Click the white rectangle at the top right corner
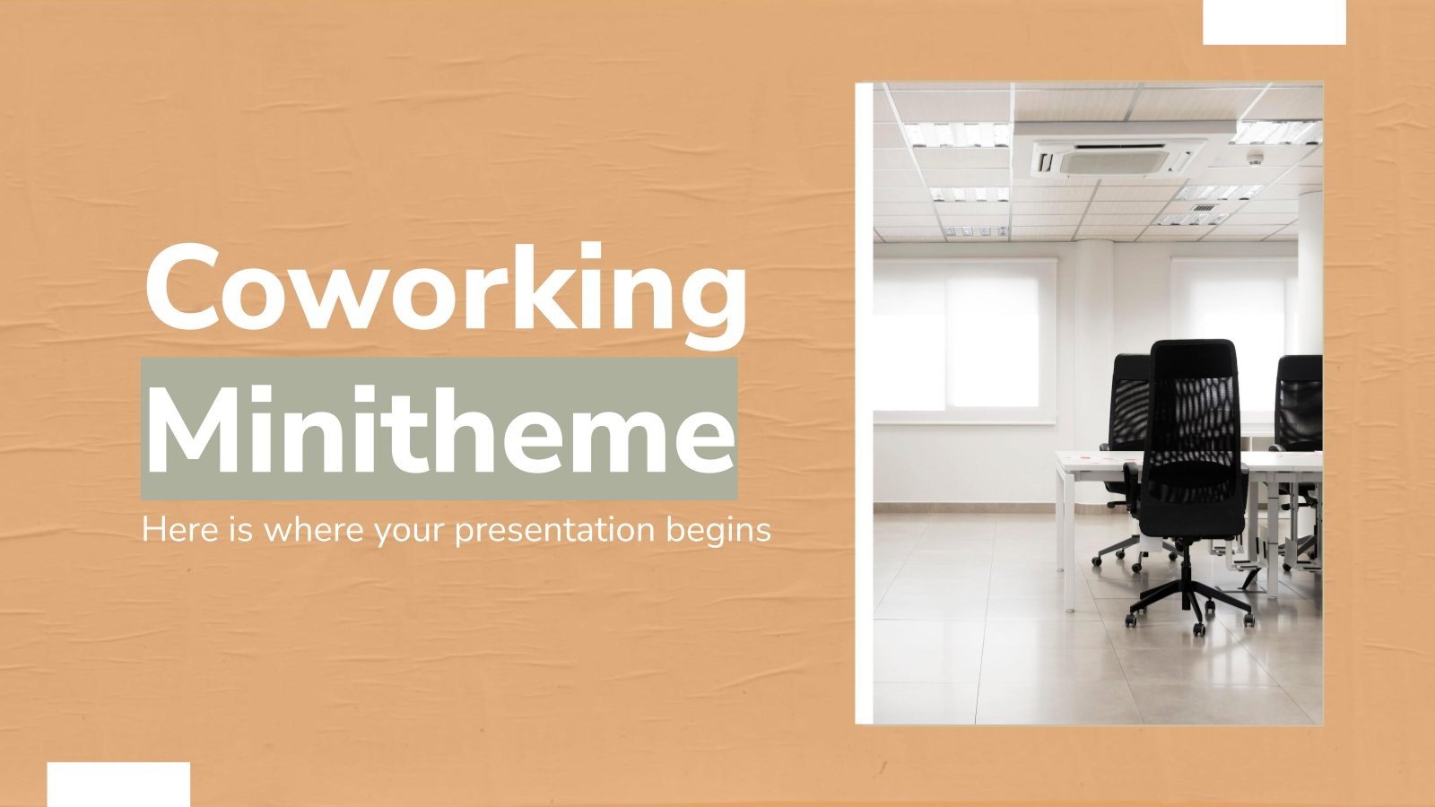[x=1274, y=22]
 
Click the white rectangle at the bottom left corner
[x=118, y=785]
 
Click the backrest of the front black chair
[x=1193, y=403]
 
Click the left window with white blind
[x=964, y=336]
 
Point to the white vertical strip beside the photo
[x=864, y=403]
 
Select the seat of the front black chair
[x=1193, y=490]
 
